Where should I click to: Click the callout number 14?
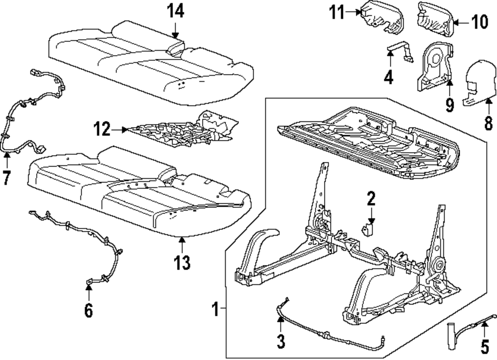(175, 12)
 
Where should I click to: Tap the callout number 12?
(102, 129)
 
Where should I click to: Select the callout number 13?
(182, 263)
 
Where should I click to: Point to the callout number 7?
(6, 178)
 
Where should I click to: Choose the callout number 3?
(281, 341)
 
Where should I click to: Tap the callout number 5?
(485, 347)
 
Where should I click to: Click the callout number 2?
(371, 198)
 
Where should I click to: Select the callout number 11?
(336, 13)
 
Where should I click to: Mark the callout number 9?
(450, 105)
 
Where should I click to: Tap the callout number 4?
(389, 77)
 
